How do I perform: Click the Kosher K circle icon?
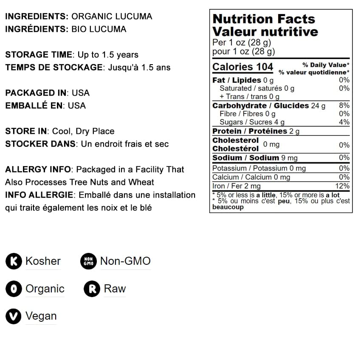click(x=14, y=261)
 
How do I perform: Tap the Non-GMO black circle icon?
click(x=88, y=261)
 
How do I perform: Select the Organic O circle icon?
click(x=14, y=289)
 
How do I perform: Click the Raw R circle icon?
click(x=92, y=289)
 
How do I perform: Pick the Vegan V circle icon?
click(x=14, y=316)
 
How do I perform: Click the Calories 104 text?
click(x=243, y=67)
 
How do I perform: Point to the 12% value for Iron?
click(x=342, y=186)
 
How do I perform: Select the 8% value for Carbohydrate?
click(x=344, y=105)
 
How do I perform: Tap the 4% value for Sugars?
click(x=344, y=122)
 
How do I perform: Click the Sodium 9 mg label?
click(x=255, y=158)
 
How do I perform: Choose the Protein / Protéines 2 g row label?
click(x=256, y=131)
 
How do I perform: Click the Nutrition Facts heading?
click(x=263, y=19)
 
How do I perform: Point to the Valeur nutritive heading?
click(x=265, y=32)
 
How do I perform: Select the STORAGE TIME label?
click(x=39, y=55)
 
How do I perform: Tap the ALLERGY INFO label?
click(x=37, y=170)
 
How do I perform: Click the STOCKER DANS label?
click(x=40, y=144)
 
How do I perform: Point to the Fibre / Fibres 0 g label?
click(x=247, y=114)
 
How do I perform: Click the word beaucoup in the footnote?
click(x=228, y=207)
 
